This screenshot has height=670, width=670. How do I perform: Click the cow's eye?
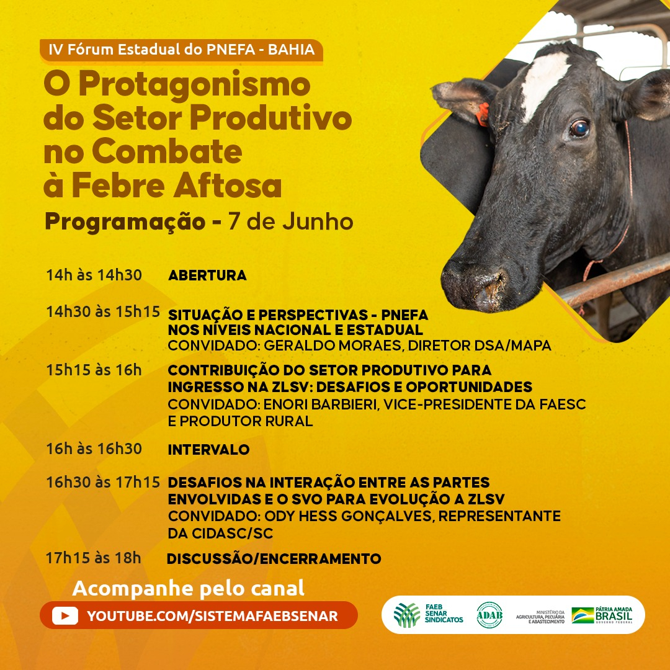click(x=579, y=128)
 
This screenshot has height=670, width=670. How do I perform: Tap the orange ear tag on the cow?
click(x=483, y=114)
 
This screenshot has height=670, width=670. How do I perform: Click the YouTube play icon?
click(x=65, y=616)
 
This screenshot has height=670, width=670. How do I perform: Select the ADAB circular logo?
click(x=489, y=615)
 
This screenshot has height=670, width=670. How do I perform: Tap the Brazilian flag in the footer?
click(x=583, y=615)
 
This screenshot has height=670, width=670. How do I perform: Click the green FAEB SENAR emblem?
click(x=407, y=615)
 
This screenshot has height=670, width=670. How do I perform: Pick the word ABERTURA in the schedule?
click(x=207, y=275)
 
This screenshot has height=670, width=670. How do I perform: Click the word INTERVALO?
click(x=208, y=450)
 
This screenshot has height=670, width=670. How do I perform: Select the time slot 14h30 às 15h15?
click(x=103, y=312)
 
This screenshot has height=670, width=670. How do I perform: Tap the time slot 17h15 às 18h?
click(x=94, y=558)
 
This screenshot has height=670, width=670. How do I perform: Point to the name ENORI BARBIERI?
click(x=321, y=404)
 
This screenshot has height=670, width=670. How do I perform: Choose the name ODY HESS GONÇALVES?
click(x=349, y=516)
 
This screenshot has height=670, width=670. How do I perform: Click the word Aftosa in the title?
click(x=227, y=185)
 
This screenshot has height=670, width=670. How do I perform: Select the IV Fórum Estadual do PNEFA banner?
click(x=181, y=50)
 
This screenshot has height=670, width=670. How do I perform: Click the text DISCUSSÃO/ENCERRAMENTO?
click(x=274, y=558)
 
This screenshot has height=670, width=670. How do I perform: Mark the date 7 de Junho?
click(x=291, y=221)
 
